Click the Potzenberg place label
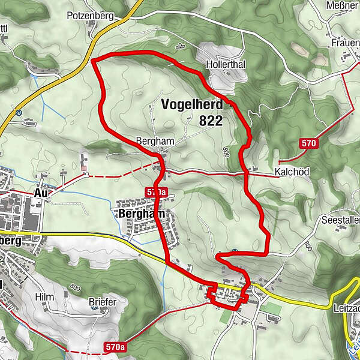click(91, 16)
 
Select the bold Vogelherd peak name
click(191, 104)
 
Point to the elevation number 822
click(211, 121)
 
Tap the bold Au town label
click(41, 193)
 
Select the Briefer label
click(102, 302)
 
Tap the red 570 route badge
click(308, 143)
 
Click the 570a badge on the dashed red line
click(114, 347)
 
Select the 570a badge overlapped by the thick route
click(155, 191)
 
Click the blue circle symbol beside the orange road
click(20, 112)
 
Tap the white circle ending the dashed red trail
click(88, 175)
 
